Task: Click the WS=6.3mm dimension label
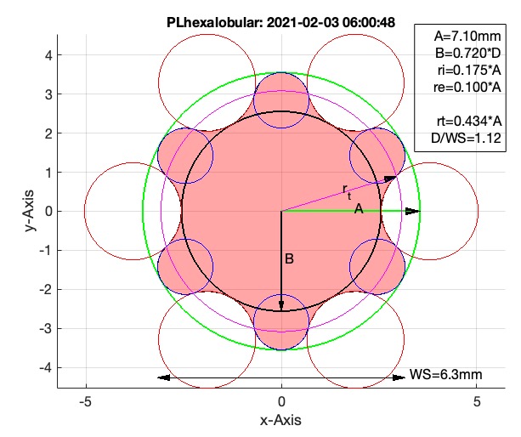pyautogui.click(x=442, y=375)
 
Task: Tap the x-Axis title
pyautogui.click(x=281, y=420)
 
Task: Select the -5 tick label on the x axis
pyautogui.click(x=85, y=401)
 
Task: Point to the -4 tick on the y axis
pyautogui.click(x=47, y=367)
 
